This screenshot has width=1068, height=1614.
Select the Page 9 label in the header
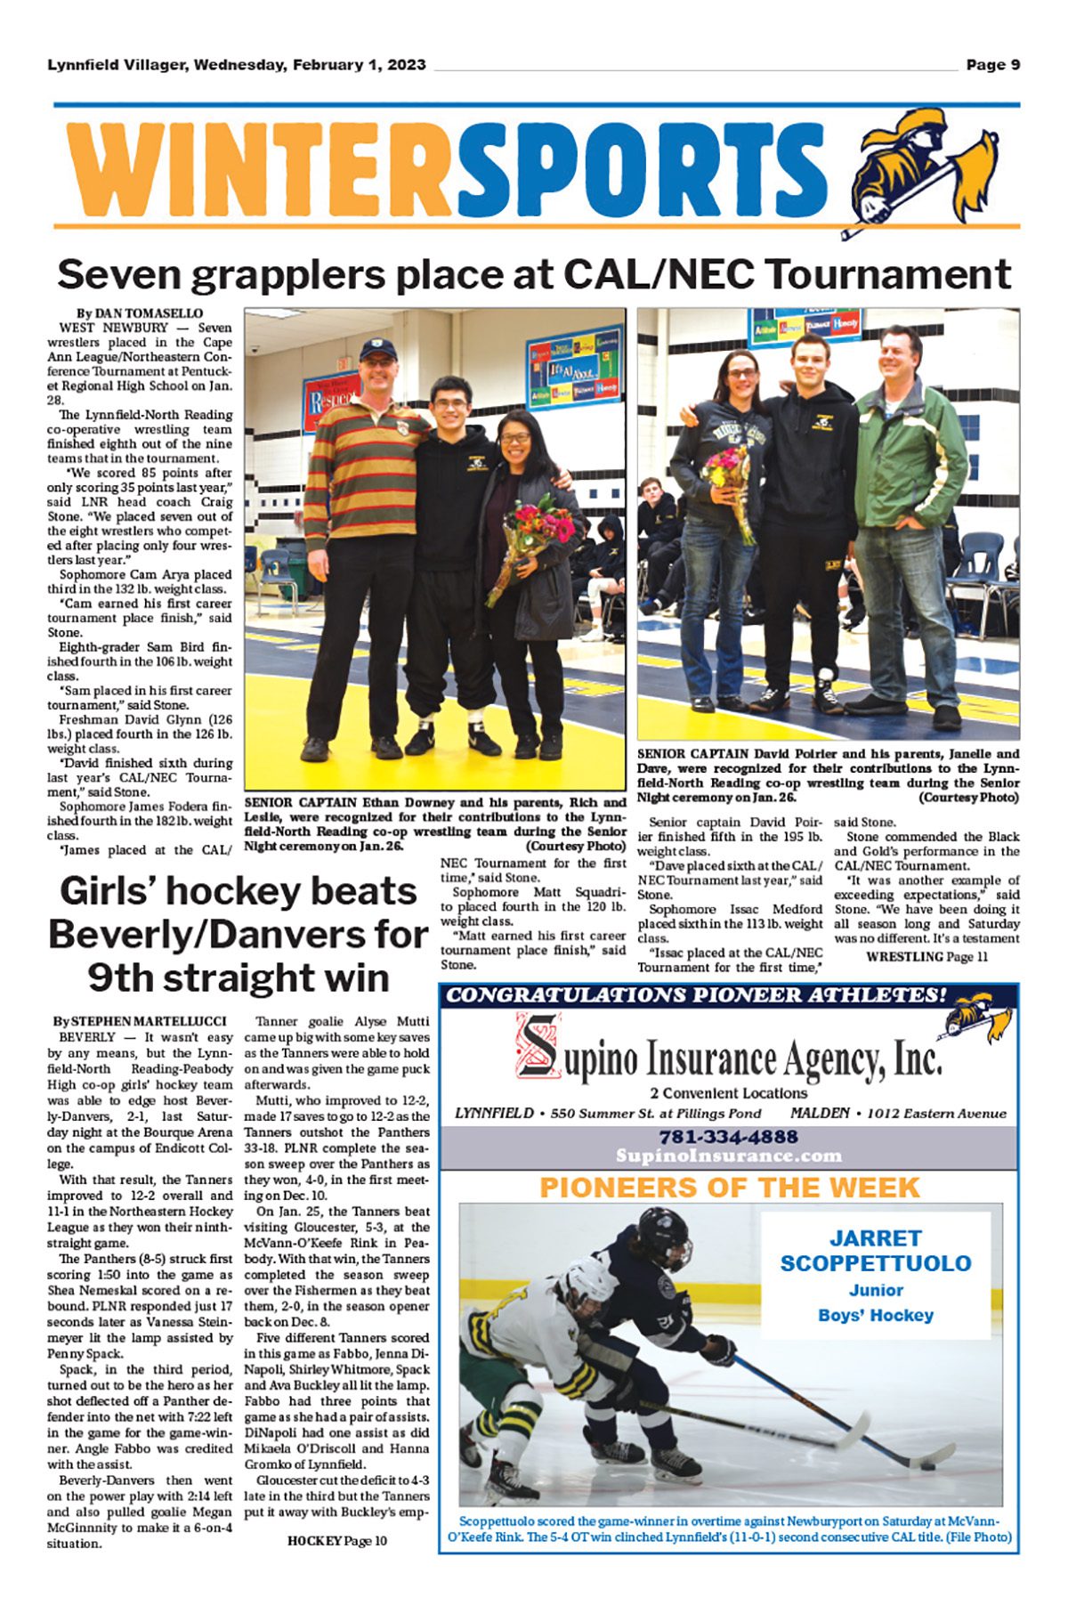pos(992,65)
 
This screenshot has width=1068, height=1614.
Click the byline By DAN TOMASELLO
pos(140,313)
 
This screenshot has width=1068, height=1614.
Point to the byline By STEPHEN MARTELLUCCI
pos(140,1021)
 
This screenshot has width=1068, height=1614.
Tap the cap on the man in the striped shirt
pos(378,346)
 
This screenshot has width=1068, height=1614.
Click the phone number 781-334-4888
pos(728,1137)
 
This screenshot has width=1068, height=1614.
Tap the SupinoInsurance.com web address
pos(728,1156)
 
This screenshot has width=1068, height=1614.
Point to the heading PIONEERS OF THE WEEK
pos(729,1187)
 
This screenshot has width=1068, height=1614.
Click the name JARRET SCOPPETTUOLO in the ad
pos(875,1250)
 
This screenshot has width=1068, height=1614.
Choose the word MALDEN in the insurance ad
pos(822,1113)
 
